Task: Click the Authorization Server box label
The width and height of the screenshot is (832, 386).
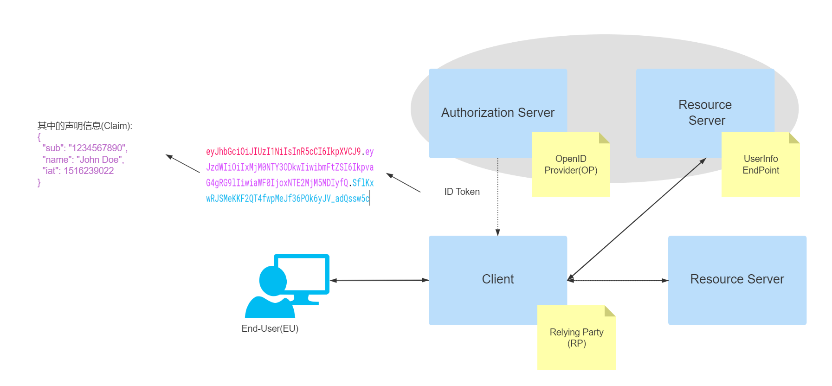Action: [497, 113]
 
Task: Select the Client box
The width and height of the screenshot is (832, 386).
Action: [497, 279]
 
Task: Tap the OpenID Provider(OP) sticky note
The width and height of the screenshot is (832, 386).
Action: [571, 165]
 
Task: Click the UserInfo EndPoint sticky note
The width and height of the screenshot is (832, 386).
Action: [761, 165]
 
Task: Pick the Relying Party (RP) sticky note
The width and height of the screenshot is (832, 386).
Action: [576, 338]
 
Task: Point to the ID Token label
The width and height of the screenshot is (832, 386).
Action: [462, 192]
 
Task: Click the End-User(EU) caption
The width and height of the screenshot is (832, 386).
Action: [270, 328]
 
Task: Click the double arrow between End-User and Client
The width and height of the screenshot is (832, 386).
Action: [379, 280]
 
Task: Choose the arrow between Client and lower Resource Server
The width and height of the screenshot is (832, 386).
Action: [618, 281]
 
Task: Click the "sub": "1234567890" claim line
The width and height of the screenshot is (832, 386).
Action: [85, 148]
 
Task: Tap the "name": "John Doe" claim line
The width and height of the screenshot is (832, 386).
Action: [83, 160]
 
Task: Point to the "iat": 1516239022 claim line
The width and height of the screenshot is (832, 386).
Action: [78, 171]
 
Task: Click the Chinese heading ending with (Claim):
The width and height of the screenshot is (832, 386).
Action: [85, 126]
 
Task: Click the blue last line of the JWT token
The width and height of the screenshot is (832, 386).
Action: [288, 199]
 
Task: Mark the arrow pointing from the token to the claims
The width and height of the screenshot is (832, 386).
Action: [183, 164]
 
